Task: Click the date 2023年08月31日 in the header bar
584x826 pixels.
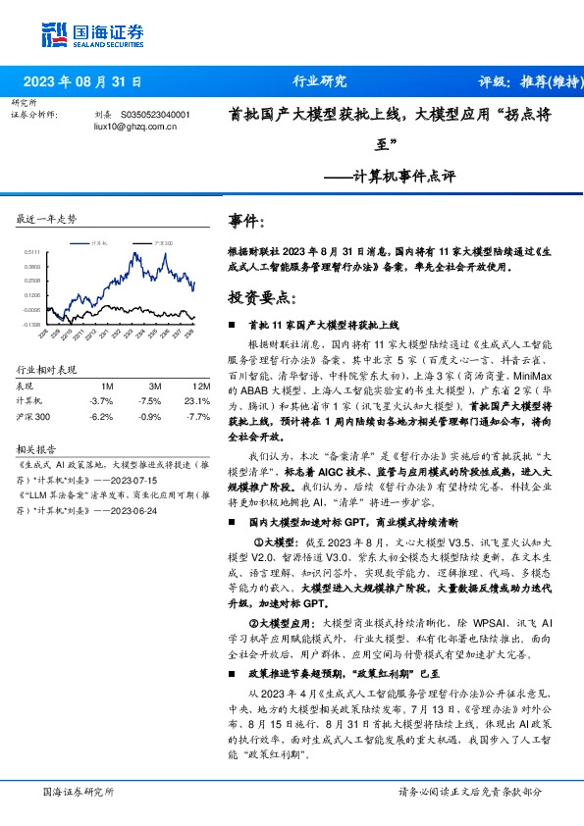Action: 82,82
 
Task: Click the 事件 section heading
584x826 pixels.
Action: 245,223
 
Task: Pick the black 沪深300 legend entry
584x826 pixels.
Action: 162,241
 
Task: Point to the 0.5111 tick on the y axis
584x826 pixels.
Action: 34,252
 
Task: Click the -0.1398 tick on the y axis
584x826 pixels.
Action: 33,323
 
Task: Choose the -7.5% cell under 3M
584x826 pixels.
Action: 150,400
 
